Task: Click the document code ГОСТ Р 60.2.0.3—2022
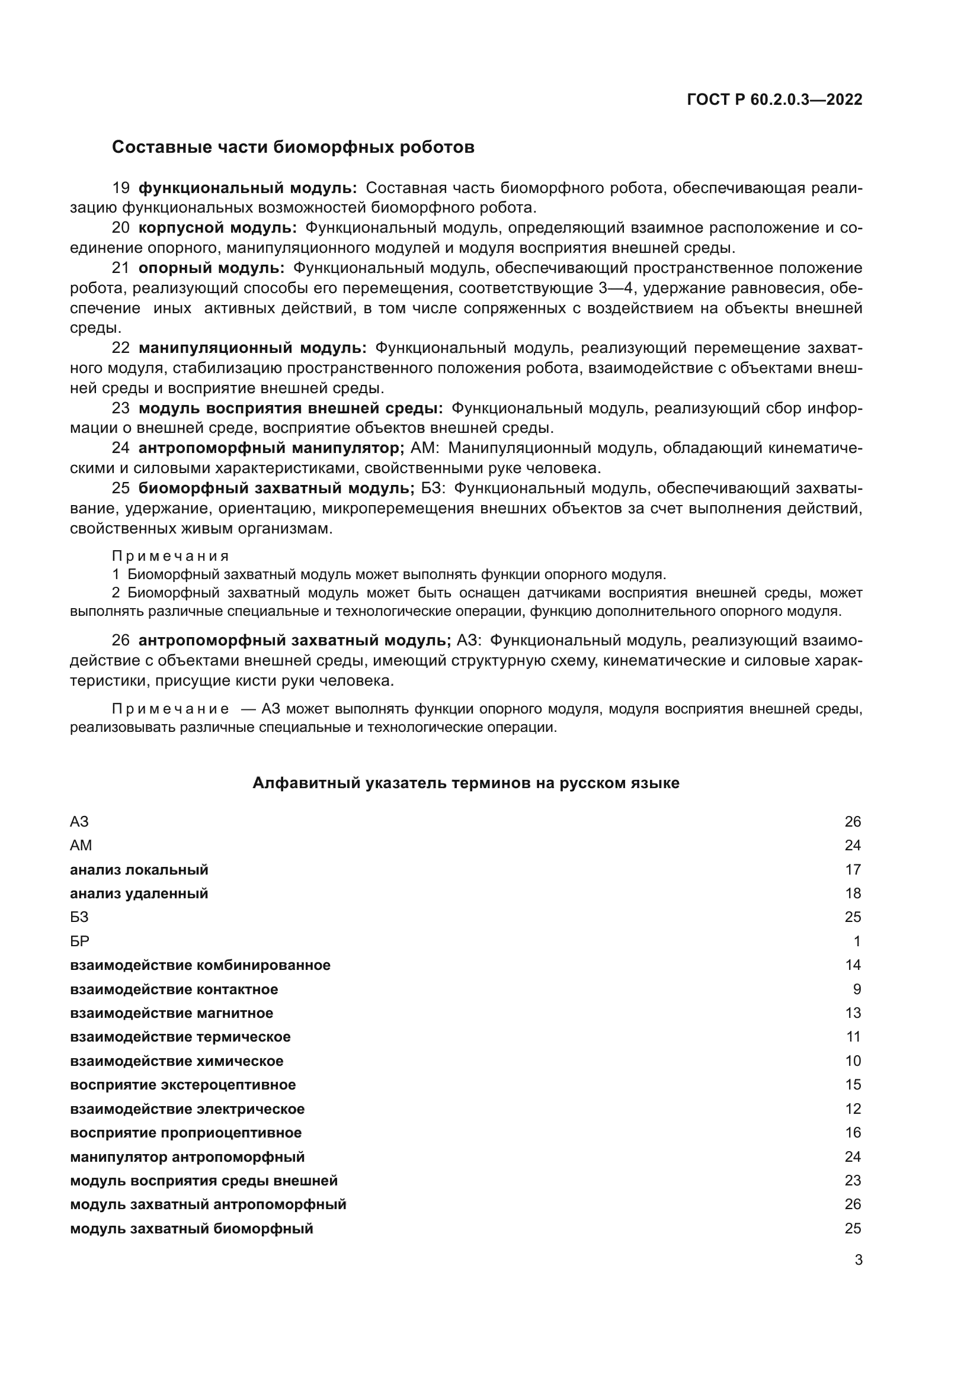coord(774,99)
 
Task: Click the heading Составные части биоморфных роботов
coord(293,147)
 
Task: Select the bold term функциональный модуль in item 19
coord(248,188)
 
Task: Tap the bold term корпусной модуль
coord(217,228)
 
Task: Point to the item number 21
coord(121,268)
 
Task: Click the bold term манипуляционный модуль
coord(252,348)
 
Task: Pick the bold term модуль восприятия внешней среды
coord(290,409)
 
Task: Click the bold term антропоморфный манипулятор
coord(271,448)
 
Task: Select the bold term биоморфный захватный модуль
coord(276,488)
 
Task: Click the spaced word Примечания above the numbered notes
coord(170,555)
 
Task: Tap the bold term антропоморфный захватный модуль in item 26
coord(294,640)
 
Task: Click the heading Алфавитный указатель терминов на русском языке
coord(465,783)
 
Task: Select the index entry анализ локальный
coord(139,869)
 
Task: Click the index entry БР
coord(79,941)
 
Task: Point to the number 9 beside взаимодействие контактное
coord(857,989)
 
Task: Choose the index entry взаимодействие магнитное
coord(171,1013)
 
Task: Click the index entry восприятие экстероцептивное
coord(183,1085)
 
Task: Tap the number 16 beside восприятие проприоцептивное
coord(853,1133)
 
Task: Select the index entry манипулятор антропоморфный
coord(187,1156)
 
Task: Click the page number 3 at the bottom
coord(858,1260)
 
